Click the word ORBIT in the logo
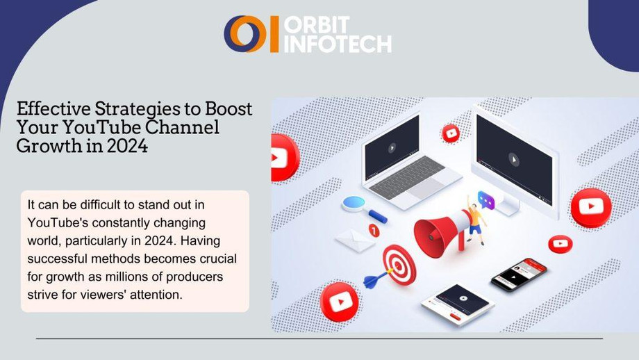click(317, 25)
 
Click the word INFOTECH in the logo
click(338, 44)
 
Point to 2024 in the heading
click(127, 146)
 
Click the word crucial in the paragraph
click(218, 259)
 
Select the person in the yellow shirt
click(476, 220)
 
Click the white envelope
click(355, 240)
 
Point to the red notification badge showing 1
click(374, 231)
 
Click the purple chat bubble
click(486, 201)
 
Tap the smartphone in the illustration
click(518, 274)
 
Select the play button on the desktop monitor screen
click(514, 159)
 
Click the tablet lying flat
click(458, 303)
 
